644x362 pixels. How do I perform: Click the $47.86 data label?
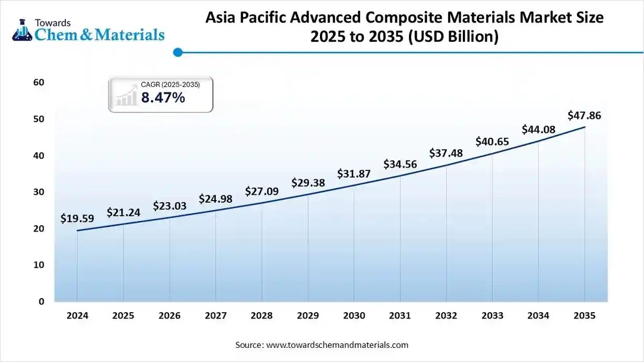click(584, 116)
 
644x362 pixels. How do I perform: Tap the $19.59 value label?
click(77, 218)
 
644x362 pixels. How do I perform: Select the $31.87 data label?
click(354, 173)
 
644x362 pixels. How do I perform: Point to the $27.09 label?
click(262, 191)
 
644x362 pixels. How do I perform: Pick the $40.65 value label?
click(492, 141)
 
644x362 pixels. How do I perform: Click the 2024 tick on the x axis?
click(77, 316)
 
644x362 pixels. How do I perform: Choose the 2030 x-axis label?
click(354, 316)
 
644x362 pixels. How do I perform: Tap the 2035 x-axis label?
click(584, 316)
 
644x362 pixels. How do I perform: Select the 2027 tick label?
click(216, 316)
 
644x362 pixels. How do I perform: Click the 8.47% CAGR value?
click(163, 97)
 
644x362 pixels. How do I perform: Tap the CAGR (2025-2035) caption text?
click(170, 84)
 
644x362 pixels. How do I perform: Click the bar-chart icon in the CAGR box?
click(126, 97)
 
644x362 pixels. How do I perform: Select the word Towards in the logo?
click(52, 23)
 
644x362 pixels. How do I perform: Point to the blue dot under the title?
click(177, 52)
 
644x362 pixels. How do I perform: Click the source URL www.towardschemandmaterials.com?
click(337, 345)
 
